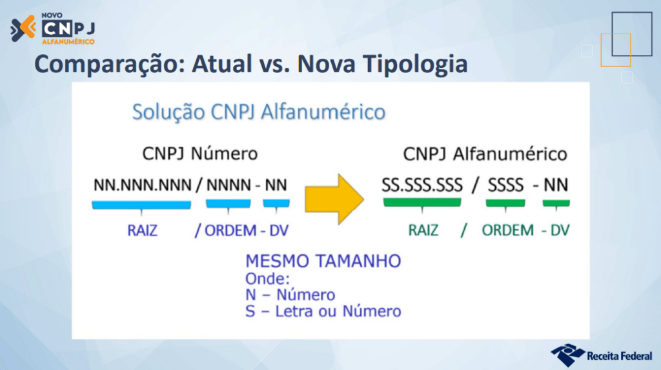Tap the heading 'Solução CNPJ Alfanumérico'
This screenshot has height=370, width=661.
coord(258,112)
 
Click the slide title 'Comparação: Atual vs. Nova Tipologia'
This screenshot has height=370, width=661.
coord(250,65)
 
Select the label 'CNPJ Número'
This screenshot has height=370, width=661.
coord(200,154)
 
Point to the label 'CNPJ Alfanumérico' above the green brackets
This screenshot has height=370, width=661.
coord(485,154)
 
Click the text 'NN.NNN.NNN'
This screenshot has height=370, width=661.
coord(142,185)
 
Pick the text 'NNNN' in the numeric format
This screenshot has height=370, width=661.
coord(228,185)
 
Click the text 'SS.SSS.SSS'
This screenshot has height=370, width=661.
coord(422,185)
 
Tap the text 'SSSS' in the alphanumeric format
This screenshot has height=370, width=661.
coord(505,185)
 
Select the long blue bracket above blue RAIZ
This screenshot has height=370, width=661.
coord(141,205)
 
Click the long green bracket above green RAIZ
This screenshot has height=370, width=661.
coord(422,203)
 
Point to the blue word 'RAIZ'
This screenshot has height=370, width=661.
coord(141,231)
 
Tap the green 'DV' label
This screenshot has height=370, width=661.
coord(559,231)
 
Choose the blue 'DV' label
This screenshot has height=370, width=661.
coord(278,231)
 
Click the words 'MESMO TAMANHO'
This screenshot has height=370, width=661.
coord(323,262)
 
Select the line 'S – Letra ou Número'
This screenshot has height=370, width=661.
coord(323,311)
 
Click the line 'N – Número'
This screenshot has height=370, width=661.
coord(290,295)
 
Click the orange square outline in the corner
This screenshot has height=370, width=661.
coord(615,50)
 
